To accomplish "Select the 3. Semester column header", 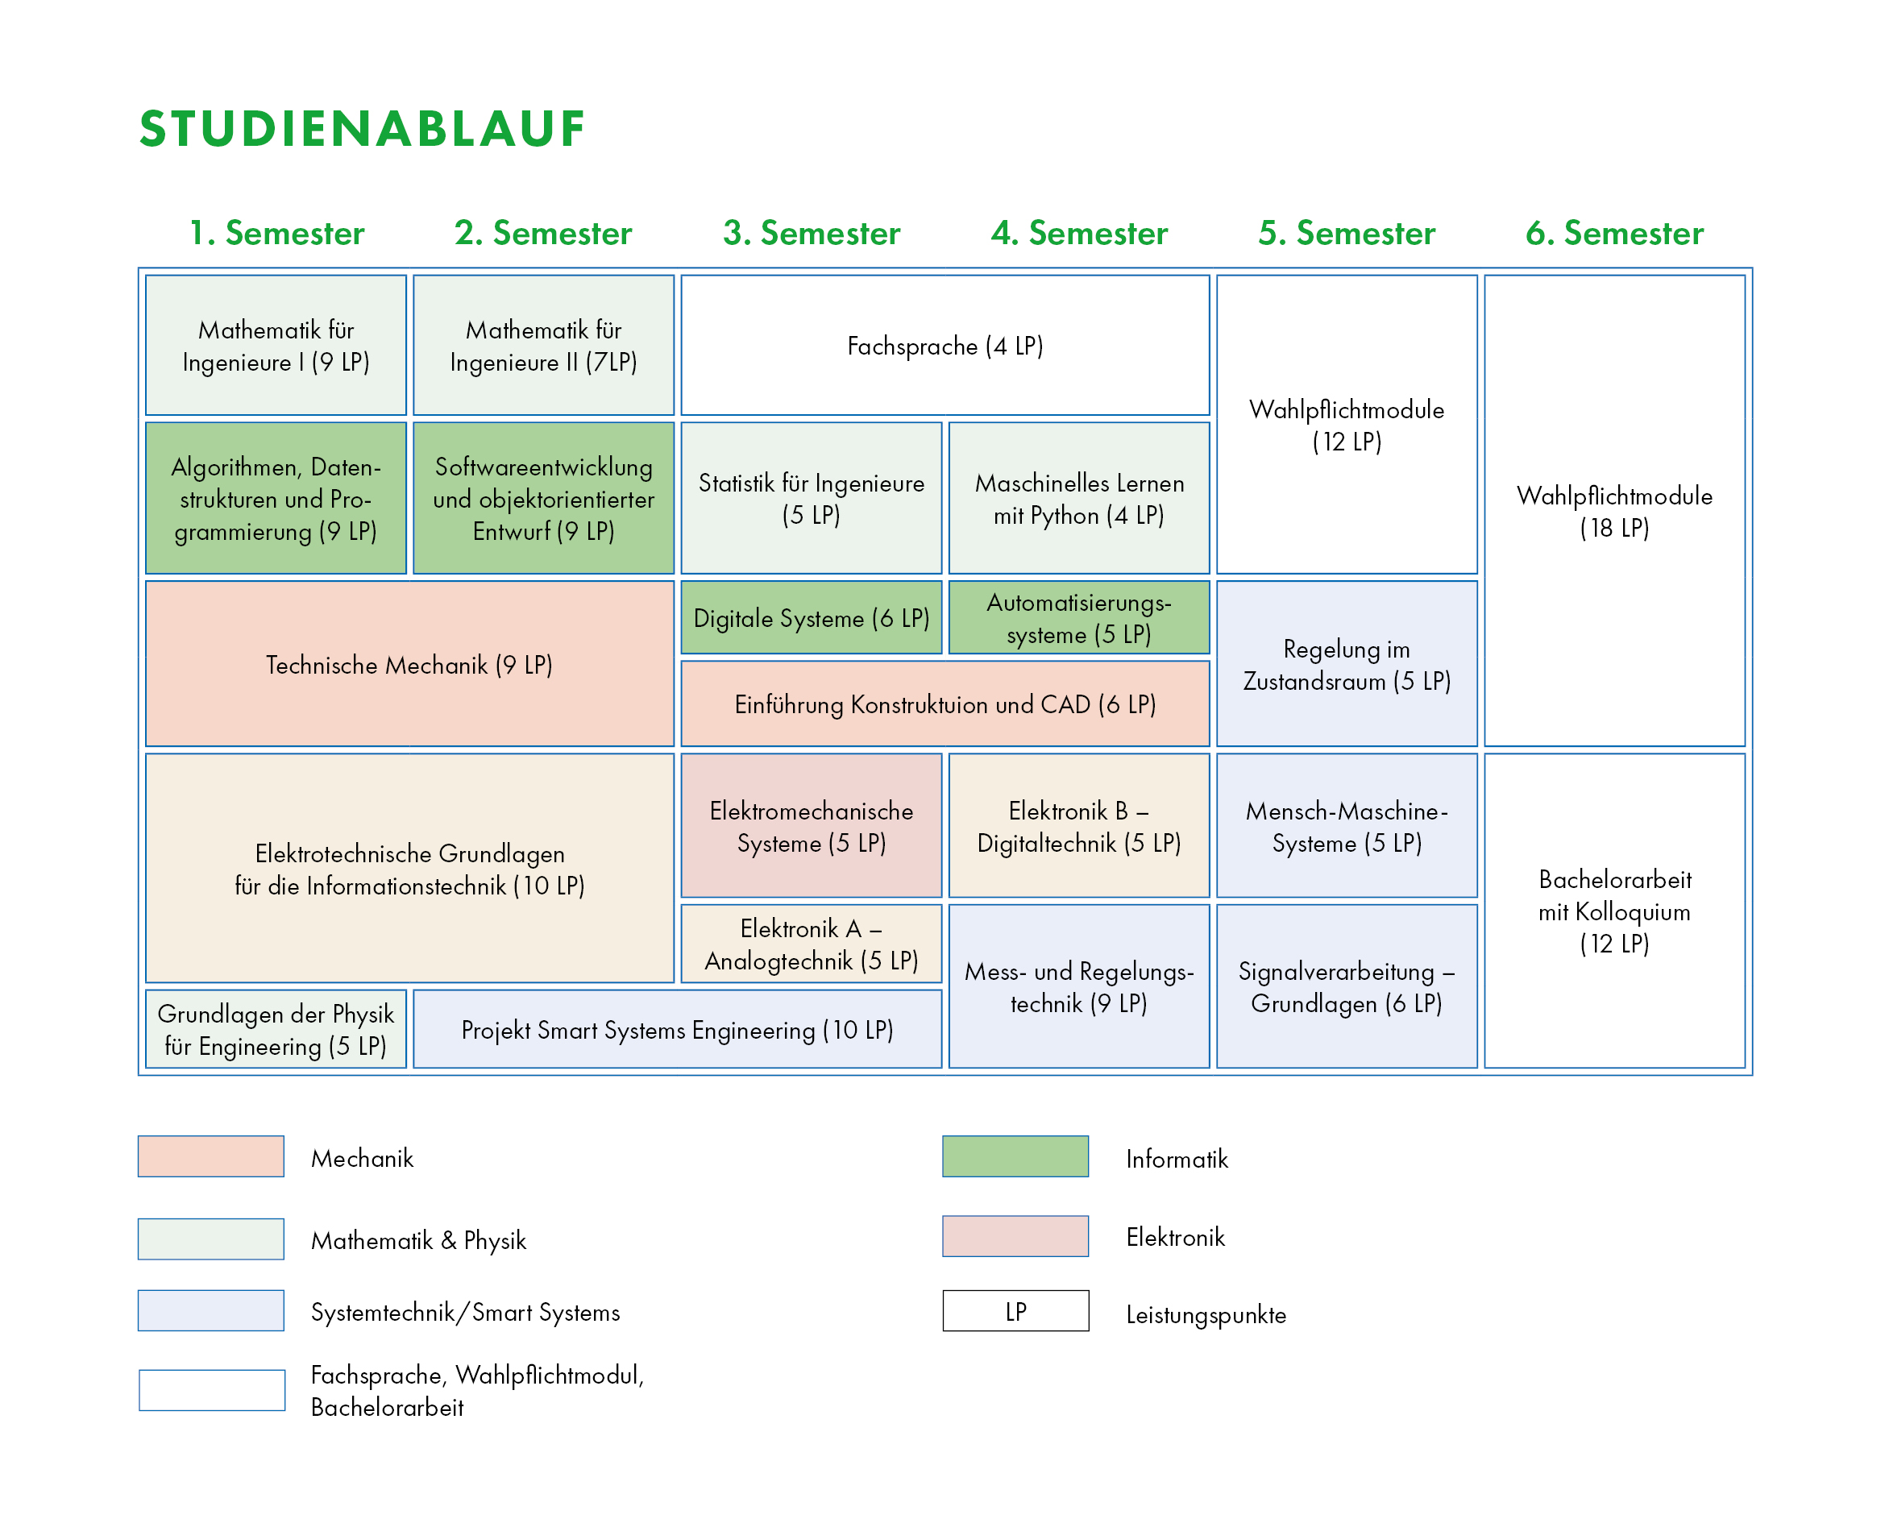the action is tap(812, 234).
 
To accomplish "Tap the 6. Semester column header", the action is tap(1614, 234).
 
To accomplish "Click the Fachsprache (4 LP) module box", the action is tap(945, 345).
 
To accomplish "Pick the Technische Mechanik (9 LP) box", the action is tap(409, 663).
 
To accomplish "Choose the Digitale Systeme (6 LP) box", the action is tap(812, 617).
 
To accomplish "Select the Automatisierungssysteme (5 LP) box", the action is tap(1079, 617).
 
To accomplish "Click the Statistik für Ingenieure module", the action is tap(812, 498).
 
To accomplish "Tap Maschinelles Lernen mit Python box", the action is tap(1079, 498).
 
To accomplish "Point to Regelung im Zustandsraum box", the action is tap(1347, 663).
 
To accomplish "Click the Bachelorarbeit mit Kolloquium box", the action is tap(1614, 911).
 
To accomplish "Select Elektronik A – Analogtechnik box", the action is tap(812, 944).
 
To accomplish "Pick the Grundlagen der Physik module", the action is tap(276, 1029).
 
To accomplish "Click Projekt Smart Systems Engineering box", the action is tap(677, 1029).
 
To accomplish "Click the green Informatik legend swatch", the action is tap(1015, 1156).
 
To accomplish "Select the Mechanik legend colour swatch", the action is tap(210, 1156).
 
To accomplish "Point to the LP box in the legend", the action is tap(1015, 1311).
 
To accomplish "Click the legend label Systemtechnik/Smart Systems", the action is tap(465, 1313).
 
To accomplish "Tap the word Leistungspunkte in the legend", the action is tap(1206, 1314).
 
